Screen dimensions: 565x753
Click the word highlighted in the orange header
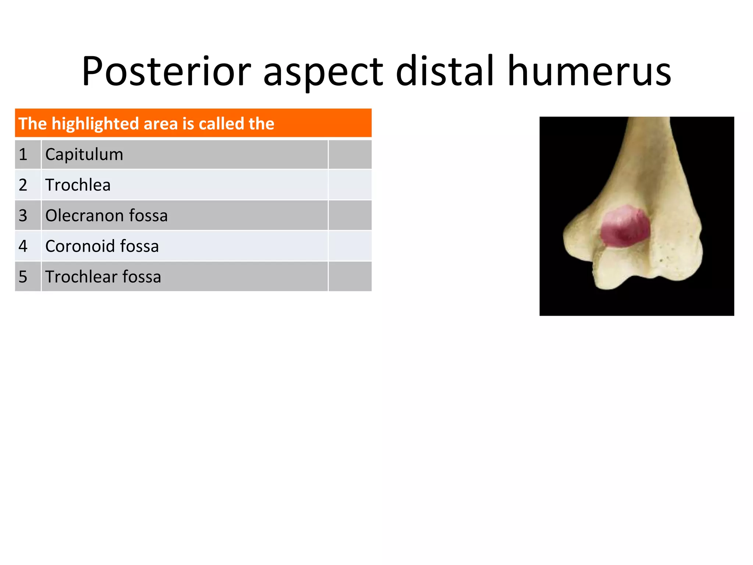95,124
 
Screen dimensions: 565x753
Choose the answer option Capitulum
84,154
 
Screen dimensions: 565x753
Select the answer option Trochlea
78,185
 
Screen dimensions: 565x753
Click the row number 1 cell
23,154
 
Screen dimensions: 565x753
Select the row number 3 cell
23,216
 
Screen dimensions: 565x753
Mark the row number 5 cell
23,277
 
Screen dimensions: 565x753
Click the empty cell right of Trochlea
350,185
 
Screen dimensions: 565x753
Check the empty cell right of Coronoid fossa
350,246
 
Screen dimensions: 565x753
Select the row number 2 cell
23,185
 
